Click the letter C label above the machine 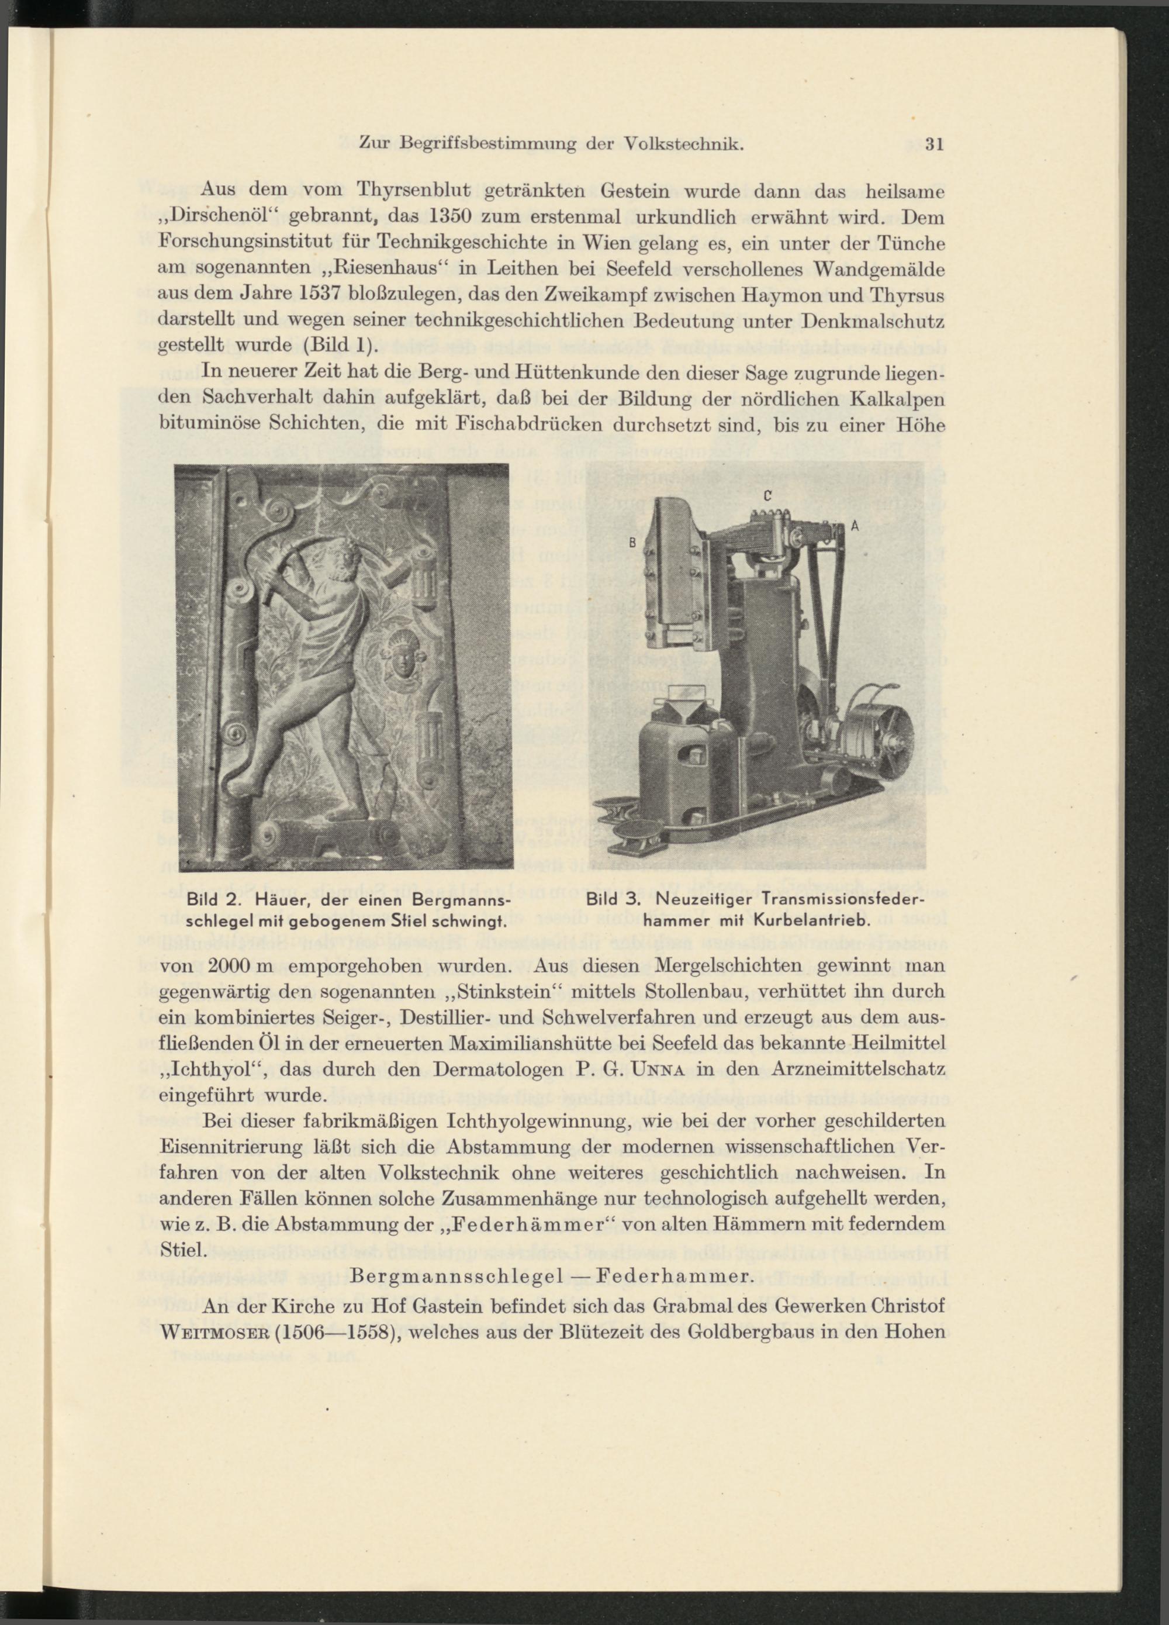click(767, 495)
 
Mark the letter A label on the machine click(854, 525)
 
